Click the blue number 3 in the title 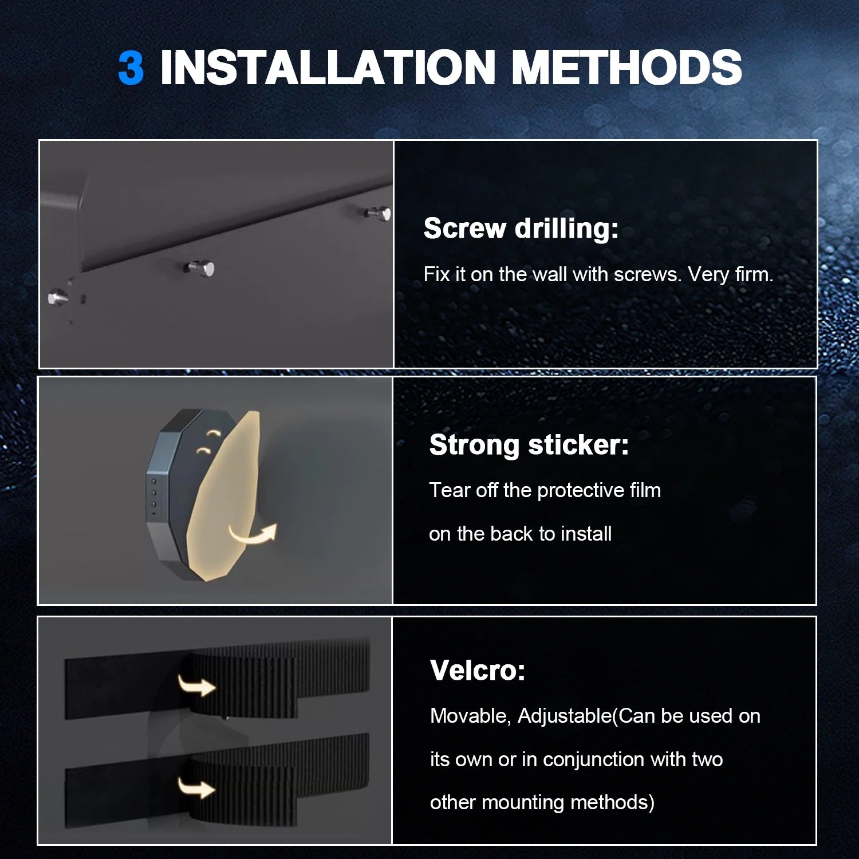pos(131,68)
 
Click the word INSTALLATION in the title pos(328,68)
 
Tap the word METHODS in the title pos(626,68)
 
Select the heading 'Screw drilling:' pos(521,228)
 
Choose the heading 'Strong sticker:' pos(529,445)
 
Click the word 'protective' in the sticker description pos(581,491)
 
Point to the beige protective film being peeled pos(223,496)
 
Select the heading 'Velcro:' pos(478,670)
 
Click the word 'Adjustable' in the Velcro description pos(565,716)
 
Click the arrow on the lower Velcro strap pos(196,788)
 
